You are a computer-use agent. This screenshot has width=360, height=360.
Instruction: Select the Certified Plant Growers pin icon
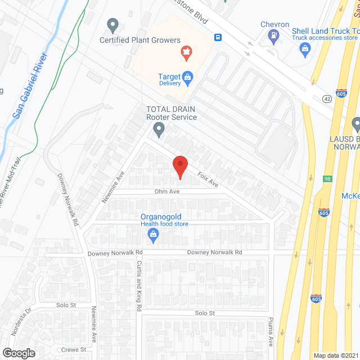click(x=112, y=26)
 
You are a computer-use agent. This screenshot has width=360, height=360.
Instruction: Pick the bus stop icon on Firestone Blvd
click(x=217, y=38)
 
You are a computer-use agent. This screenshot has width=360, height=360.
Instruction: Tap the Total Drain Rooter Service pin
click(x=159, y=130)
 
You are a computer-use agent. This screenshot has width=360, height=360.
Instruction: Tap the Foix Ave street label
click(x=207, y=180)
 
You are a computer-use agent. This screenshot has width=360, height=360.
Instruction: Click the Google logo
click(x=19, y=353)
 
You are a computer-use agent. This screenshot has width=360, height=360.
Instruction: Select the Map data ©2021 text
click(x=335, y=355)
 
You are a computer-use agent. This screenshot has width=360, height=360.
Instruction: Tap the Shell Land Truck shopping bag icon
click(x=305, y=49)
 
